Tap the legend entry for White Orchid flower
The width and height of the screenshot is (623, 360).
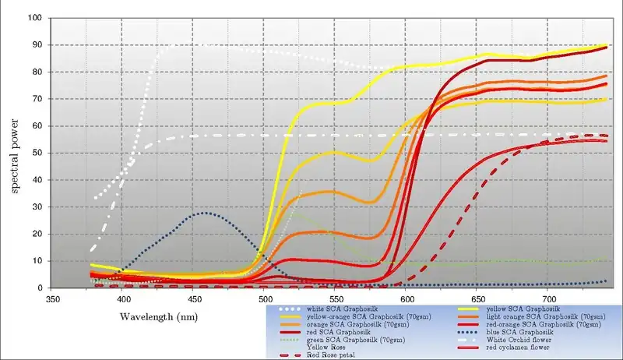(x=518, y=339)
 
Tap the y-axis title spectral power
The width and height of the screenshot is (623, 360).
(x=15, y=153)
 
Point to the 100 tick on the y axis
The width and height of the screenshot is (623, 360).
(x=34, y=17)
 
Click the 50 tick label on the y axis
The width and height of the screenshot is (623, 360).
(x=37, y=153)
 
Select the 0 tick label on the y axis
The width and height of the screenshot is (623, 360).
(x=40, y=288)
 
